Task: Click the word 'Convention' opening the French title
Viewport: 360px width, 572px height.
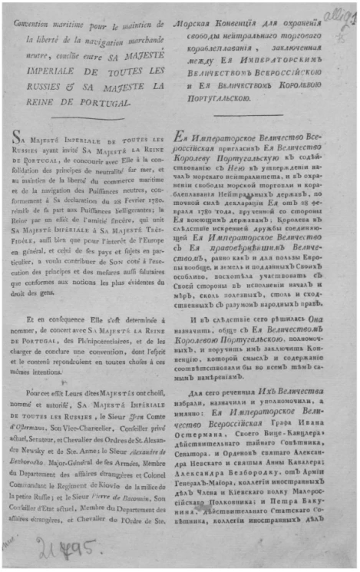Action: pyautogui.click(x=37, y=20)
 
